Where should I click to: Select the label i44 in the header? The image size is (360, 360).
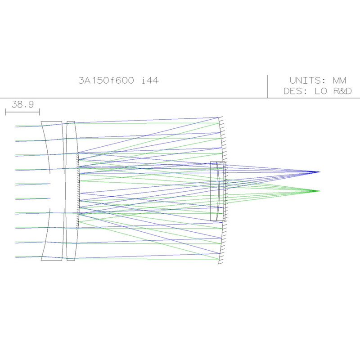150,81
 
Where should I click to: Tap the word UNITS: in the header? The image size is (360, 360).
308,81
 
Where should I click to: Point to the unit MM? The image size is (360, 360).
339,81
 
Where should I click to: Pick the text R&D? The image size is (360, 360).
342,91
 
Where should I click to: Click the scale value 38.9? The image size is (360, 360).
22,104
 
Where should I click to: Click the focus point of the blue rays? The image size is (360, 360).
319,172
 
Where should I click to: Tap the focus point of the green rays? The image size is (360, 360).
319,191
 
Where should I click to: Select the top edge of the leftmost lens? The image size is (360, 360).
51,121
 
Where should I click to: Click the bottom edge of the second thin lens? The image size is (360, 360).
71,260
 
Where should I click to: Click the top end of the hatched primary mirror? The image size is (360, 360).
219,117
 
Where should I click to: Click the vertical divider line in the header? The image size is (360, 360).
268,86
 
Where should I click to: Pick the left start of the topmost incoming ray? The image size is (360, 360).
16,126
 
